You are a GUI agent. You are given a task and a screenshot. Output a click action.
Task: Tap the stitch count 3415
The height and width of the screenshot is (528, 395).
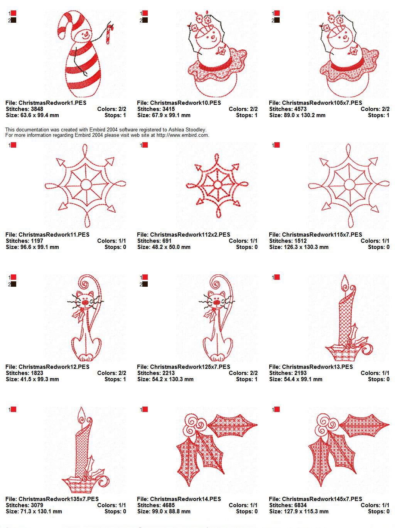tap(168, 109)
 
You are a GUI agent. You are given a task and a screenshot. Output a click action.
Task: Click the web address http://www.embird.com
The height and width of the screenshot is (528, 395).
tap(182, 135)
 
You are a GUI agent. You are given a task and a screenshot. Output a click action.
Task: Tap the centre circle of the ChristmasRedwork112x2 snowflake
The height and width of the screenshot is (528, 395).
tap(217, 185)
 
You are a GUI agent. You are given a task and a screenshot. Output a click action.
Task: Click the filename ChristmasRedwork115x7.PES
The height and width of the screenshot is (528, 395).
tap(322, 235)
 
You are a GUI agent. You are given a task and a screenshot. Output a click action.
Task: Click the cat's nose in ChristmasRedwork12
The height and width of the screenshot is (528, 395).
tap(85, 302)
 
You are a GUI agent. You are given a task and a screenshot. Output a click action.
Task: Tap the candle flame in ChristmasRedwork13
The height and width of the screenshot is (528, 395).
tap(345, 282)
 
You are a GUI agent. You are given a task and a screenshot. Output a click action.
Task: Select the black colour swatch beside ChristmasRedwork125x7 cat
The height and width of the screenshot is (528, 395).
tap(145, 284)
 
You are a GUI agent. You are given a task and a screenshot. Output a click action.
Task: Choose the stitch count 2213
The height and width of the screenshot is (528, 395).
tap(168, 373)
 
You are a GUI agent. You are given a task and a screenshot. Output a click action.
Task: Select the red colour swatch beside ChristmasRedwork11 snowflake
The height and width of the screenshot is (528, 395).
tap(14, 145)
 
